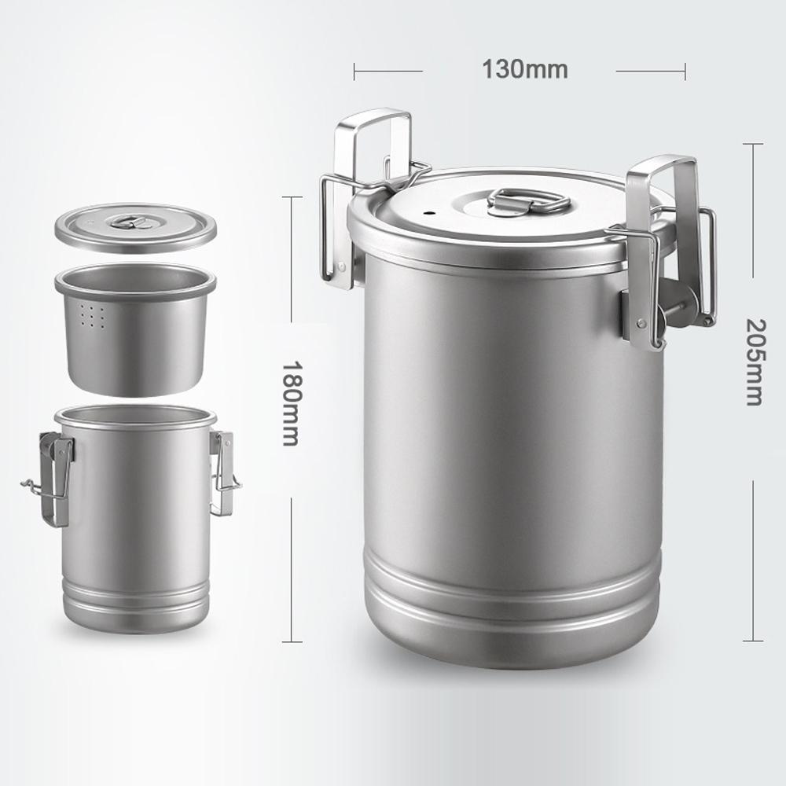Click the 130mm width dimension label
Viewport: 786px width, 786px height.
point(524,69)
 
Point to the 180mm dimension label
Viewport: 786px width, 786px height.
point(292,403)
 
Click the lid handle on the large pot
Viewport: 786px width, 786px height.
point(528,201)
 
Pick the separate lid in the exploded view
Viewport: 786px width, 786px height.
point(135,228)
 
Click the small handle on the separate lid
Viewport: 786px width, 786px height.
point(125,221)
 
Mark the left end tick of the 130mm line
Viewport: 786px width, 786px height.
point(354,72)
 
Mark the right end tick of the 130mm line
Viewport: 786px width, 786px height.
point(685,72)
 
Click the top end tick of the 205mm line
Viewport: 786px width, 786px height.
point(752,144)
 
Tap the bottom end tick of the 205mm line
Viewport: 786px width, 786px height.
point(752,641)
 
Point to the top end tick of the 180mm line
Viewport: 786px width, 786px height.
point(292,196)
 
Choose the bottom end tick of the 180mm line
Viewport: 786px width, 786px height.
point(292,641)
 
